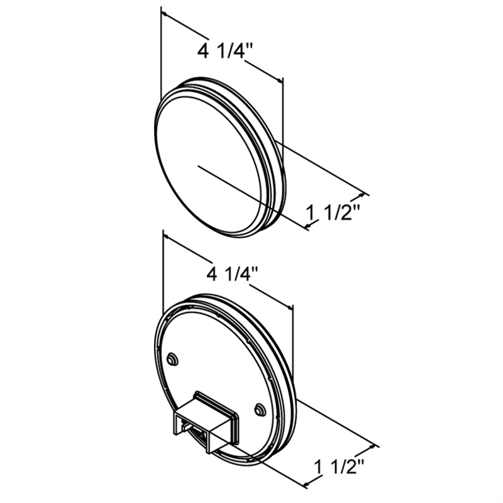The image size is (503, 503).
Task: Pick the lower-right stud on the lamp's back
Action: (x=260, y=409)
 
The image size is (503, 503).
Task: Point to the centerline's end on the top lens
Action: (x=199, y=166)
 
